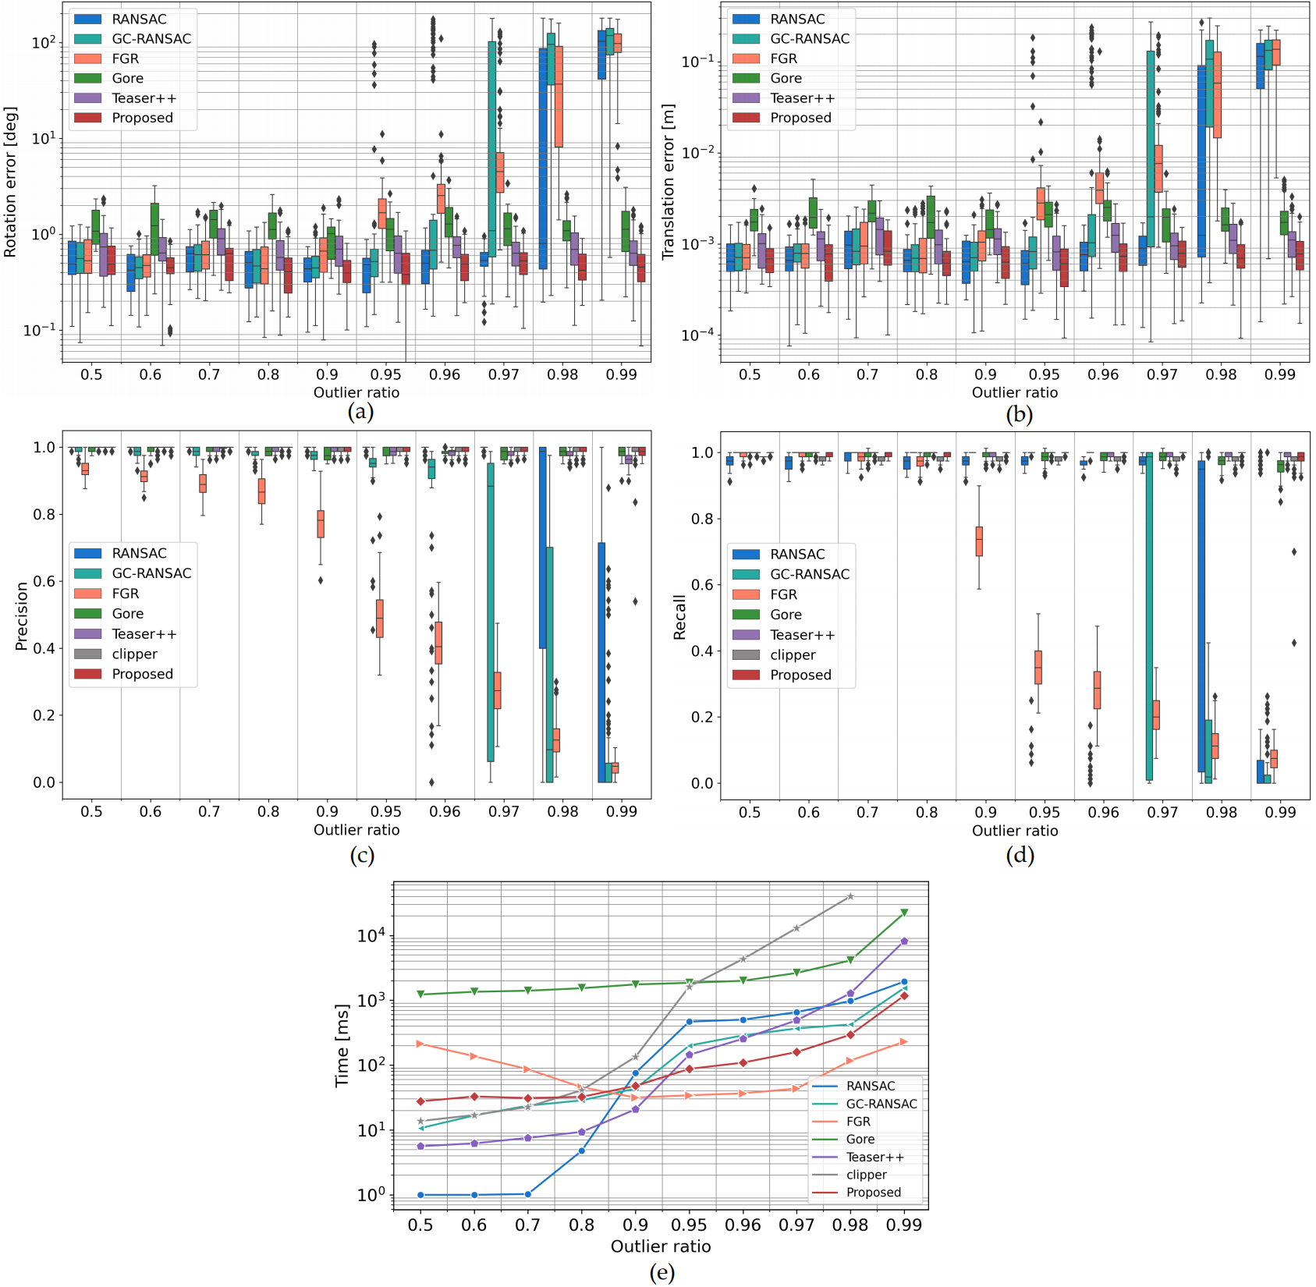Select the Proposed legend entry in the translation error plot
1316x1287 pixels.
800,118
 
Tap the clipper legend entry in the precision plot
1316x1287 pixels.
134,654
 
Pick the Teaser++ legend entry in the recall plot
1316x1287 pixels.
802,635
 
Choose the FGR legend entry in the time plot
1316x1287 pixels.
858,1121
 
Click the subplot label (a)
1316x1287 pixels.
360,412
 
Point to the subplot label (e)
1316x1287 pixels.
662,1273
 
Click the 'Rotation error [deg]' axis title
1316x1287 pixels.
11,183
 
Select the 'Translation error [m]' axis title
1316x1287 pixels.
669,183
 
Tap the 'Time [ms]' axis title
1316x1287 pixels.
342,1045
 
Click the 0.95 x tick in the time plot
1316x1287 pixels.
689,1225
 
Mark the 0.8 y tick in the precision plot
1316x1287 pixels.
44,515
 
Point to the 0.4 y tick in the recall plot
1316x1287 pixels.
702,651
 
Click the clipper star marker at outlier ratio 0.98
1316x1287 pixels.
850,897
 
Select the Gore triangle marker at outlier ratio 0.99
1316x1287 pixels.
904,913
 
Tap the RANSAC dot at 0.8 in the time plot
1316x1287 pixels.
581,1150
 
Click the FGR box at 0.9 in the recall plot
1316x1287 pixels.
979,541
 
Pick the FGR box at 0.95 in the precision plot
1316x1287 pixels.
380,619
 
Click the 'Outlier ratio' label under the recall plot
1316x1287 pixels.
1014,831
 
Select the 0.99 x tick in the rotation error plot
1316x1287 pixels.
621,374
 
